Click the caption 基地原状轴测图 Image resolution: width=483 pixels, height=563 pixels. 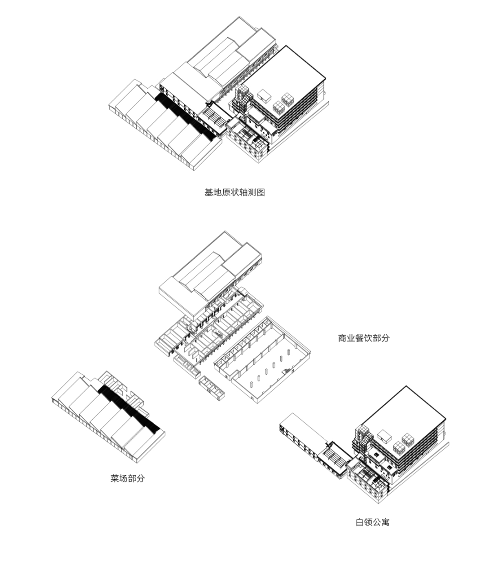(234, 192)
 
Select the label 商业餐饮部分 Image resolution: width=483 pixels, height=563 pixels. (363, 338)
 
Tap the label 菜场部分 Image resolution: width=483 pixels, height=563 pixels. (128, 478)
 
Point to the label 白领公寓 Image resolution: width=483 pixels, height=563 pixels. (372, 522)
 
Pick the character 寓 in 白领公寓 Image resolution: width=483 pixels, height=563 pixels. (385, 522)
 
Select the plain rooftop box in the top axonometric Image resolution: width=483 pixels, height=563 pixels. (264, 94)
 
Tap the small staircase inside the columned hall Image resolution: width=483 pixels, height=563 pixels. (287, 371)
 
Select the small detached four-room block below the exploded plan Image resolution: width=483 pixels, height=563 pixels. (212, 387)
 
